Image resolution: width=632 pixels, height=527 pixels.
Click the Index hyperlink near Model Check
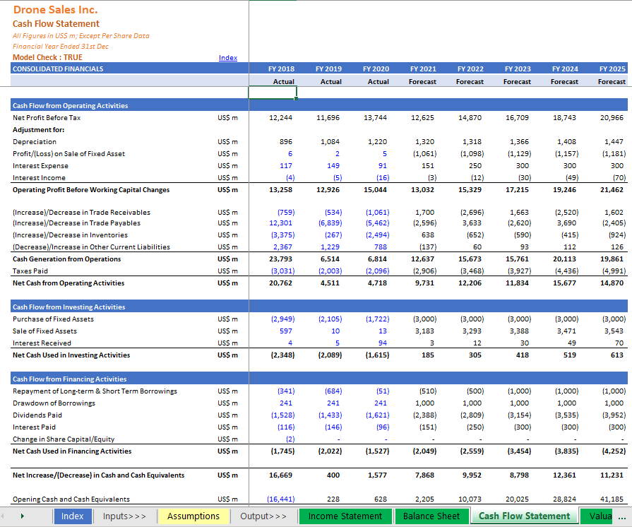(x=227, y=58)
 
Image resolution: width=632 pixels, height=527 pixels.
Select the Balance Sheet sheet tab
(x=431, y=516)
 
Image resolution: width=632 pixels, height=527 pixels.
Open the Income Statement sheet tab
(x=345, y=516)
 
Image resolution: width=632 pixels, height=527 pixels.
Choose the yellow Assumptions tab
(x=193, y=516)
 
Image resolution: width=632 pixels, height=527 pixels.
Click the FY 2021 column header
(x=423, y=69)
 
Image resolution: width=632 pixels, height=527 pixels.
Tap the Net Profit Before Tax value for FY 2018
(x=280, y=118)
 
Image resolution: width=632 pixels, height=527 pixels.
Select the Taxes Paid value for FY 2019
(x=330, y=271)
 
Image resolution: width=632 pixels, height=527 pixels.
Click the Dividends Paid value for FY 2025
(x=614, y=415)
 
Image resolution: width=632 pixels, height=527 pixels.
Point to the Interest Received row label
(x=42, y=343)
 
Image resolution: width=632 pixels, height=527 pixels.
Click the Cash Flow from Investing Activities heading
(x=69, y=307)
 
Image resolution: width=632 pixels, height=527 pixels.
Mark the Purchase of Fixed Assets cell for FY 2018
(x=283, y=319)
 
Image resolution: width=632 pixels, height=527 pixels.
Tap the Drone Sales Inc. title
(x=56, y=10)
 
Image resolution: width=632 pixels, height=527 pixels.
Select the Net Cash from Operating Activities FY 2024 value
(x=564, y=283)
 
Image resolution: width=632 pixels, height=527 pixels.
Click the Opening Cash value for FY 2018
(x=281, y=499)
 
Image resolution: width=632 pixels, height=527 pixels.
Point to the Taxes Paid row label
(x=30, y=271)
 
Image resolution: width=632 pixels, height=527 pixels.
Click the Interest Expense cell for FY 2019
(x=333, y=166)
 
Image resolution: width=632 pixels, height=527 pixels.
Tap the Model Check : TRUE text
(x=47, y=57)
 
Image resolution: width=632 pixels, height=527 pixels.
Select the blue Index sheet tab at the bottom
(x=72, y=516)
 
